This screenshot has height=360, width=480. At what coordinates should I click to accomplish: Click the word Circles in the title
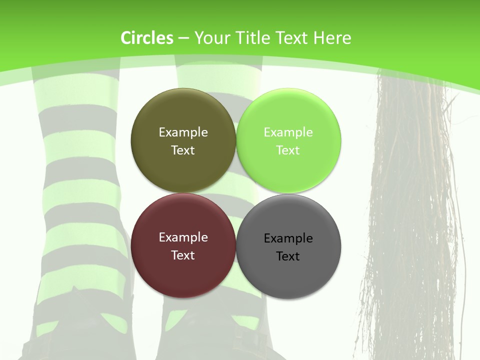147,38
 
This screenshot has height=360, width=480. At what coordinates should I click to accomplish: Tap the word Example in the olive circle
183,132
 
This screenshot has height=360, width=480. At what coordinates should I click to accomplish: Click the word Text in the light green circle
288,150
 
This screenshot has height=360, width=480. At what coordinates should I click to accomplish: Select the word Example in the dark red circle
183,237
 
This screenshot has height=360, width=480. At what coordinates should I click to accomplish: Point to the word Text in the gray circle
288,256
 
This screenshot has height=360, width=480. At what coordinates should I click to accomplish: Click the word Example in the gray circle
288,238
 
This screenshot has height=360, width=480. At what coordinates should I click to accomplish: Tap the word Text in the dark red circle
183,255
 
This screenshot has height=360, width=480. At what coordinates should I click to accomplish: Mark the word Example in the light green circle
288,132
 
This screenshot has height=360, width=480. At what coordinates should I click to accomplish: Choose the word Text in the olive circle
183,150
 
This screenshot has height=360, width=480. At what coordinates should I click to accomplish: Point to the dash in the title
183,38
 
